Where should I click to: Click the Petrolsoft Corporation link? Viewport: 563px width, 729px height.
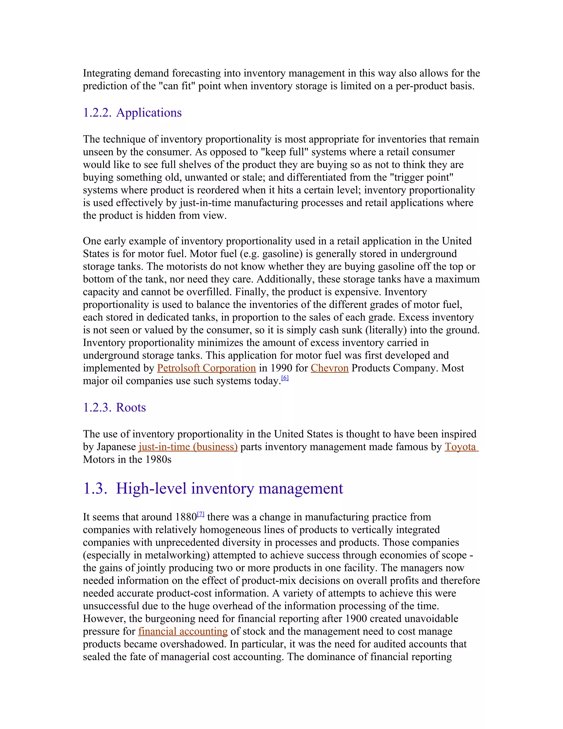(x=206, y=368)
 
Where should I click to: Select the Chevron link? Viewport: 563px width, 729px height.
(x=330, y=368)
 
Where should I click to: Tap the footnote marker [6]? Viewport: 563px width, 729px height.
(x=285, y=378)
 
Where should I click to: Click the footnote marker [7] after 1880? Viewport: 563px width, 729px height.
(x=200, y=514)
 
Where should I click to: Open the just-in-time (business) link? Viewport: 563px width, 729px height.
(x=188, y=447)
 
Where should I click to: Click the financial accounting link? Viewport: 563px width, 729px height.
(x=183, y=632)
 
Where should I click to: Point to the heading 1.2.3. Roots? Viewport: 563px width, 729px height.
(x=114, y=408)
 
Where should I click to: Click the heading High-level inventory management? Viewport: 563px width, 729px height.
(x=229, y=489)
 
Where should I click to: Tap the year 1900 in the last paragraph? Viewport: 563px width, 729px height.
(x=356, y=619)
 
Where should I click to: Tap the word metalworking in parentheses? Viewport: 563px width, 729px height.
(x=177, y=555)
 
